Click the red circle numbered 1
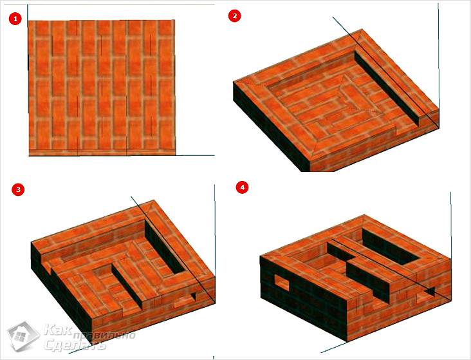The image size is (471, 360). pyautogui.click(x=15, y=19)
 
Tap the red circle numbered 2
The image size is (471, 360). pyautogui.click(x=235, y=15)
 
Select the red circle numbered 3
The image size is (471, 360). pyautogui.click(x=18, y=189)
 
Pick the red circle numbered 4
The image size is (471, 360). pyautogui.click(x=242, y=187)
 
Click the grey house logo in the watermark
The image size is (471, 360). pyautogui.click(x=23, y=336)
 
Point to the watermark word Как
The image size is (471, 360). pyautogui.click(x=58, y=329)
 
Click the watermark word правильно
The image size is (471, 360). pyautogui.click(x=104, y=335)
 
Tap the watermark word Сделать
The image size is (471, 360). pyautogui.click(x=75, y=345)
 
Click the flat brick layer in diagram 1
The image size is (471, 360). pyautogui.click(x=102, y=88)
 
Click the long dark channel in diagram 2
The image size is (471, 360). pyautogui.click(x=387, y=87)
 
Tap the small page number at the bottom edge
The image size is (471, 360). pyautogui.click(x=214, y=357)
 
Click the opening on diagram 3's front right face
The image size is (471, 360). pyautogui.click(x=185, y=301)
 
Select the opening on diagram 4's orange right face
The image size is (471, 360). pyautogui.click(x=425, y=296)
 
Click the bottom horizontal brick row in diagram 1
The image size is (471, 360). pyautogui.click(x=102, y=153)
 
